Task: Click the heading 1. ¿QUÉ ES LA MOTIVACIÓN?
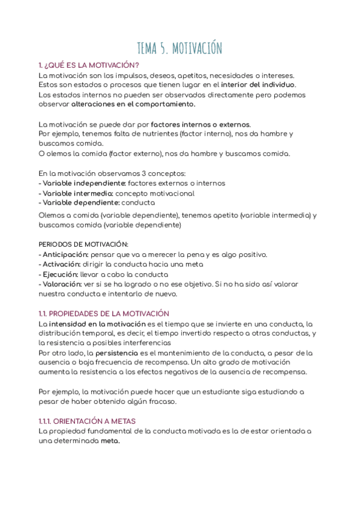(x=89, y=65)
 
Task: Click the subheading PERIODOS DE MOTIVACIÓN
(x=83, y=244)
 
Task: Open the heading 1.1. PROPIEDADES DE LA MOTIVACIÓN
(x=104, y=313)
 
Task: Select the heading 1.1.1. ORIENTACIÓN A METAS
(x=87, y=421)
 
